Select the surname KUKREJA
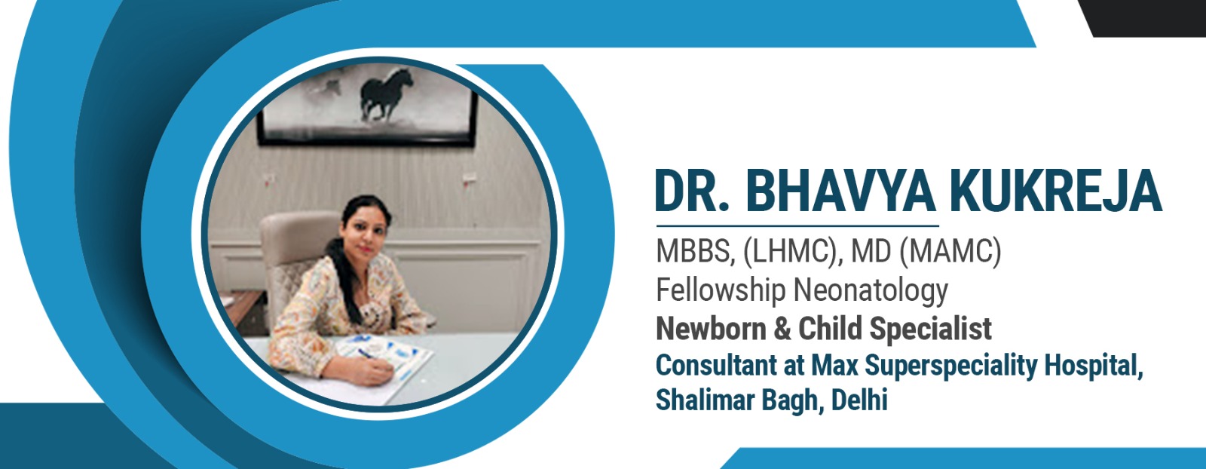(1056, 192)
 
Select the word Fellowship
(721, 290)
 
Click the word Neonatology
(871, 290)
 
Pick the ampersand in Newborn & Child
(782, 329)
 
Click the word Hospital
(1094, 366)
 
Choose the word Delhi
(859, 400)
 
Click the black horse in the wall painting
(386, 93)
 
